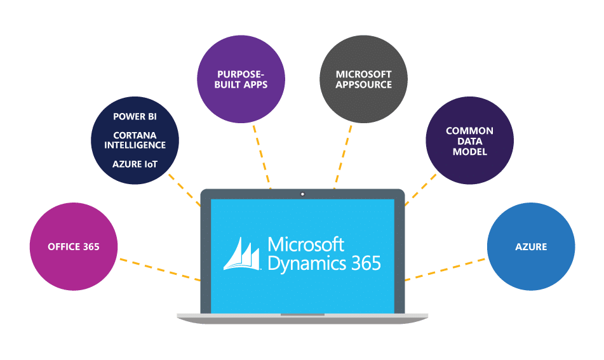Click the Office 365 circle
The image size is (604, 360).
74,247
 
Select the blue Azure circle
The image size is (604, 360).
531,247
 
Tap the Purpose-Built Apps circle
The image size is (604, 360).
241,79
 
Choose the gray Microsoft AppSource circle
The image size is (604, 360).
363,79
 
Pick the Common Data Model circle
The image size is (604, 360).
469,141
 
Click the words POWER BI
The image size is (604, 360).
135,117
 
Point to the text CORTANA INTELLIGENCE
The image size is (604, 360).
135,140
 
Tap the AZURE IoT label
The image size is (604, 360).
135,164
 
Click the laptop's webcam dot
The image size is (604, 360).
302,194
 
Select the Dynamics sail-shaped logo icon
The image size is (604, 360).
242,255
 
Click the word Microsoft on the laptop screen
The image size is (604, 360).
306,244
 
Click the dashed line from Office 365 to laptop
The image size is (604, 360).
159,269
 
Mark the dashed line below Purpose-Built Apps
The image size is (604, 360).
262,156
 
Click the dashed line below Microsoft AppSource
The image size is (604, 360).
343,156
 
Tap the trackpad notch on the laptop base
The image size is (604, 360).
302,314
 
